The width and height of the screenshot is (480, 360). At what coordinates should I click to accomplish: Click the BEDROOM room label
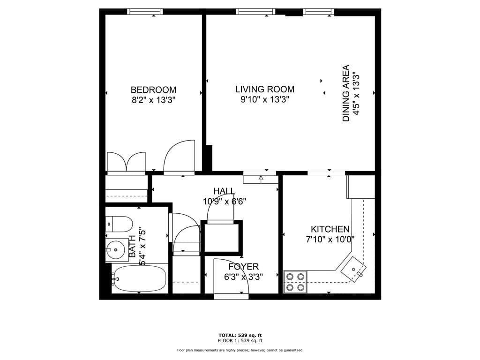pos(153,90)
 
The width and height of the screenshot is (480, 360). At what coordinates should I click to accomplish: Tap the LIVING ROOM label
pos(264,89)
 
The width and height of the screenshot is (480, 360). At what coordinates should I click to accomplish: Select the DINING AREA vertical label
pos(346,93)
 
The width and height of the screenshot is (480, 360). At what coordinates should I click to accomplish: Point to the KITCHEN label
pos(330,229)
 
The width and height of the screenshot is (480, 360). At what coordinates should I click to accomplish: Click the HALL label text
pos(224,191)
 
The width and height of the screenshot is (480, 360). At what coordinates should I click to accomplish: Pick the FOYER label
pos(243,267)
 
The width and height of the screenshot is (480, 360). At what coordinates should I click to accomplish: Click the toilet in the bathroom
pos(119,224)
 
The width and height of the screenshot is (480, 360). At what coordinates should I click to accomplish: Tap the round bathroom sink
pos(114,247)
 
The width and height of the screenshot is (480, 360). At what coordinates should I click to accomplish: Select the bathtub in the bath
pos(139,278)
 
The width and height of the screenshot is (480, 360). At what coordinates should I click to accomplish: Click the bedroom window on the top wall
pos(145,12)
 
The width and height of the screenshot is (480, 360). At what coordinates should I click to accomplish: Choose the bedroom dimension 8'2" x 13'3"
pos(153,100)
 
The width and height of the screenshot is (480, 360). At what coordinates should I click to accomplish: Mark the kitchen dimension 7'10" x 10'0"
pos(330,239)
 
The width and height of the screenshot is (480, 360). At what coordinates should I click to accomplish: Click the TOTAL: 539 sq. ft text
pos(240,335)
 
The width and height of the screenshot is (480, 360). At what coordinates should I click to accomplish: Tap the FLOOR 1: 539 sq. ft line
pos(240,341)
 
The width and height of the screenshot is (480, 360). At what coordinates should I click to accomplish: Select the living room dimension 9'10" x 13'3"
pos(264,99)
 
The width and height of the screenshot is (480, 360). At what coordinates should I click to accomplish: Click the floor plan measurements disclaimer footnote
pos(240,350)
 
